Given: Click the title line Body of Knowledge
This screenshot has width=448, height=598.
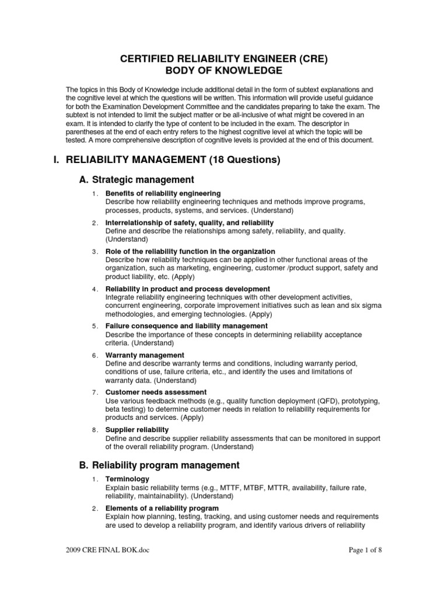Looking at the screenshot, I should tap(224, 71).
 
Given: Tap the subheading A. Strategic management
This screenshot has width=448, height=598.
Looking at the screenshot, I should tap(136, 179).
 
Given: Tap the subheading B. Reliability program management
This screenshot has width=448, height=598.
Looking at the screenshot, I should tap(159, 465).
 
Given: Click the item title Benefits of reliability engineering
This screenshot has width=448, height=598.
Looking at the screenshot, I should tap(163, 193).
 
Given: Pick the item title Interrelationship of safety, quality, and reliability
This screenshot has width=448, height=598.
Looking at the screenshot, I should tap(190, 223).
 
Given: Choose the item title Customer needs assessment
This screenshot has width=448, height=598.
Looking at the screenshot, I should tap(156, 392).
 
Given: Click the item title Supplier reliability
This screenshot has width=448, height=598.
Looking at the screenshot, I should tap(137, 430).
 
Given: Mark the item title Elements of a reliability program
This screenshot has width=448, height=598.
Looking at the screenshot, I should tap(162, 509).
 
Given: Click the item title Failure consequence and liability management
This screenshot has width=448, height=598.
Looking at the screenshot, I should tap(187, 326).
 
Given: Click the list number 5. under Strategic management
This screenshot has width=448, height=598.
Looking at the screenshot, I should tap(94, 326).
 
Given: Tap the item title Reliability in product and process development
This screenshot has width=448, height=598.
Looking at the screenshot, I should tap(187, 289).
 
